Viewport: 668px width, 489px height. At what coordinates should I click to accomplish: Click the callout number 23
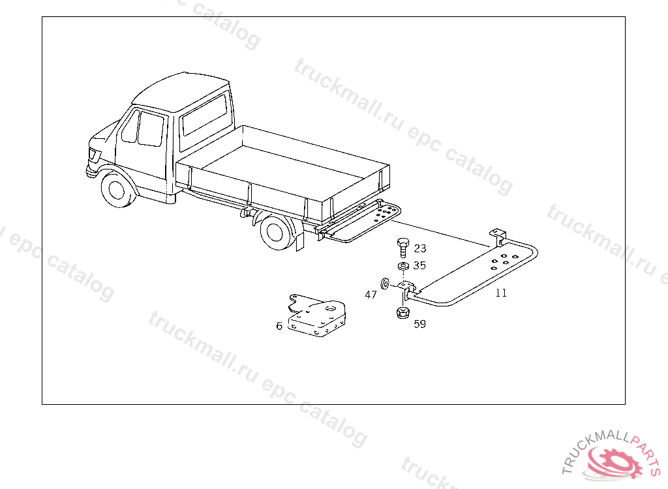point(419,248)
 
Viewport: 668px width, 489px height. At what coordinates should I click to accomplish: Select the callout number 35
point(419,265)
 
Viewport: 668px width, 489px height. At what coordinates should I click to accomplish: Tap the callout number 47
point(371,295)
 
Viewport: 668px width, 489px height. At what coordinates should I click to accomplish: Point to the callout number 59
point(419,324)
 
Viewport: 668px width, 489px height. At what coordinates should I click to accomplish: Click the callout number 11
point(501,293)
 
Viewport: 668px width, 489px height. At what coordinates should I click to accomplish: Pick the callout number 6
point(279,326)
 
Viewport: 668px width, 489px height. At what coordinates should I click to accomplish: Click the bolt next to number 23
point(402,248)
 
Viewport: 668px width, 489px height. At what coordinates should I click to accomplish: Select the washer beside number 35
point(402,266)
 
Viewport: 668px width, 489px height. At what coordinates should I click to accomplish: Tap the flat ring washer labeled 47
point(384,284)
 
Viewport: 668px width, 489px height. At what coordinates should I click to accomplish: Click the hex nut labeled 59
point(402,313)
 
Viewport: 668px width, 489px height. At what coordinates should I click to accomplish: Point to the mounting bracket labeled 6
point(316,316)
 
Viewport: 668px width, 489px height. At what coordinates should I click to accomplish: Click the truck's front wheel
point(117,188)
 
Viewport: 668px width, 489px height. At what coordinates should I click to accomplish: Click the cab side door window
point(151,128)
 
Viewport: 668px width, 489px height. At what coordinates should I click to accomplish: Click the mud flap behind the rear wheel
point(300,241)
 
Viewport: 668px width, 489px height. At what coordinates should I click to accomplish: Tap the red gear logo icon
point(613,462)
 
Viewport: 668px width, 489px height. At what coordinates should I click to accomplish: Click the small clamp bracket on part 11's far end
point(498,237)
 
